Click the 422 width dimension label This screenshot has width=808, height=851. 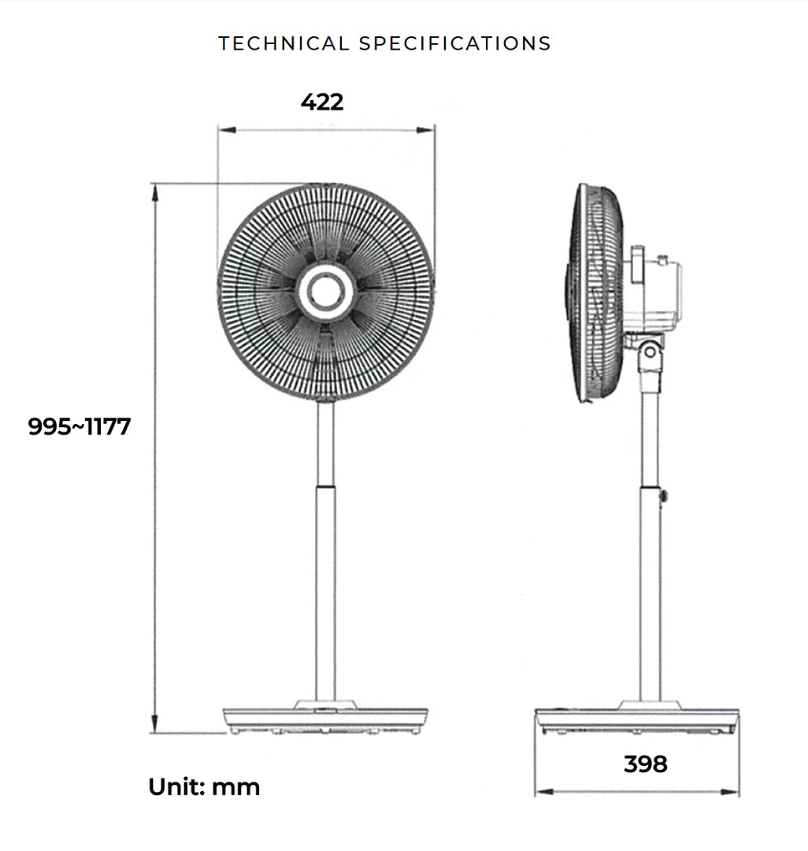[x=322, y=102]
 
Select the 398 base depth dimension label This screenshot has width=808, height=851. [x=645, y=764]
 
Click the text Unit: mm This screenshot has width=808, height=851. [x=204, y=786]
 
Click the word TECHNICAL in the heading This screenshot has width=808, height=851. [x=284, y=43]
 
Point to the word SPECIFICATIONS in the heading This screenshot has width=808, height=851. [x=455, y=43]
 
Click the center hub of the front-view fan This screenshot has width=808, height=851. [x=325, y=292]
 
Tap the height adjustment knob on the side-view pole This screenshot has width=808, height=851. [x=665, y=496]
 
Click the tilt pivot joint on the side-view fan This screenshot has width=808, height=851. [x=649, y=351]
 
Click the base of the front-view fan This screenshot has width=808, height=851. [x=326, y=717]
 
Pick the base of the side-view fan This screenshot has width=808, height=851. [x=637, y=719]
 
